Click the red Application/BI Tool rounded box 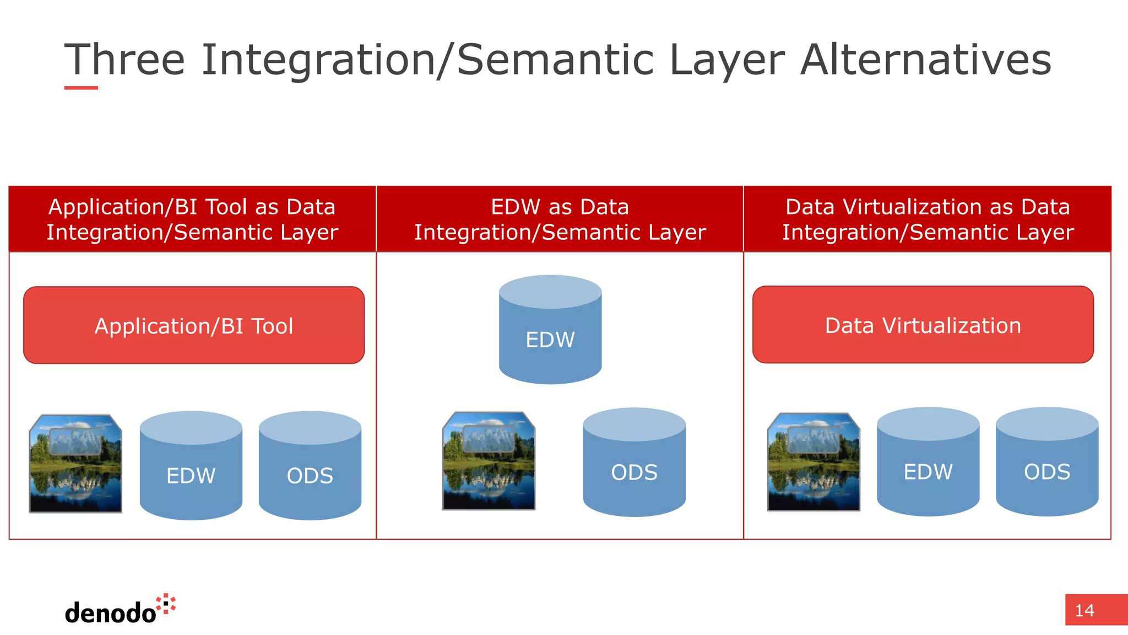(194, 325)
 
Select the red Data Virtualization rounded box (923, 325)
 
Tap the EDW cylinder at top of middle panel (550, 330)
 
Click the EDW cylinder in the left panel (191, 466)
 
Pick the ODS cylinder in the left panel (310, 466)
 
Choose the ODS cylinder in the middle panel (634, 463)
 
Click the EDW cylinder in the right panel (928, 462)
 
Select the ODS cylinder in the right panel (1047, 462)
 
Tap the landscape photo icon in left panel (75, 464)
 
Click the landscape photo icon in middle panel (489, 461)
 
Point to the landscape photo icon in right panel (814, 462)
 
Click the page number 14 (1084, 610)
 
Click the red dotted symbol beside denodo (166, 604)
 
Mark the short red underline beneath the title (81, 88)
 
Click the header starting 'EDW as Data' (560, 219)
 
